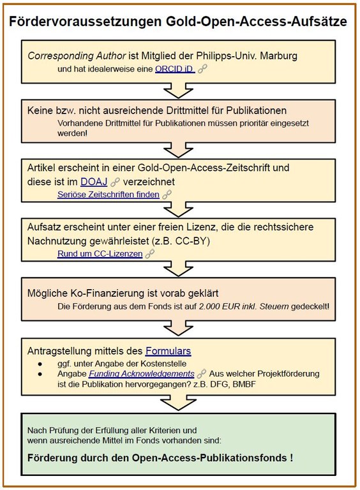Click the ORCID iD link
pos(175,69)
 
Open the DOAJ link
pos(94,182)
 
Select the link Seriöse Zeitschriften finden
pos(109,195)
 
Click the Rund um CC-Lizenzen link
pos(100,254)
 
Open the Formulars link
pos(168,351)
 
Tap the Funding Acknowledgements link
pos(142,374)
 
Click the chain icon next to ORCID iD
pos(202,69)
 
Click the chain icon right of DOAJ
pos(116,182)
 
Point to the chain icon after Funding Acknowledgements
pos(202,373)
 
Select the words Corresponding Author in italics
pos(77,56)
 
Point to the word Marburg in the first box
pos(279,56)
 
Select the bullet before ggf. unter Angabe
pos(40,364)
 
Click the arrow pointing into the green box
pos(178,403)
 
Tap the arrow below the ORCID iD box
pos(178,91)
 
